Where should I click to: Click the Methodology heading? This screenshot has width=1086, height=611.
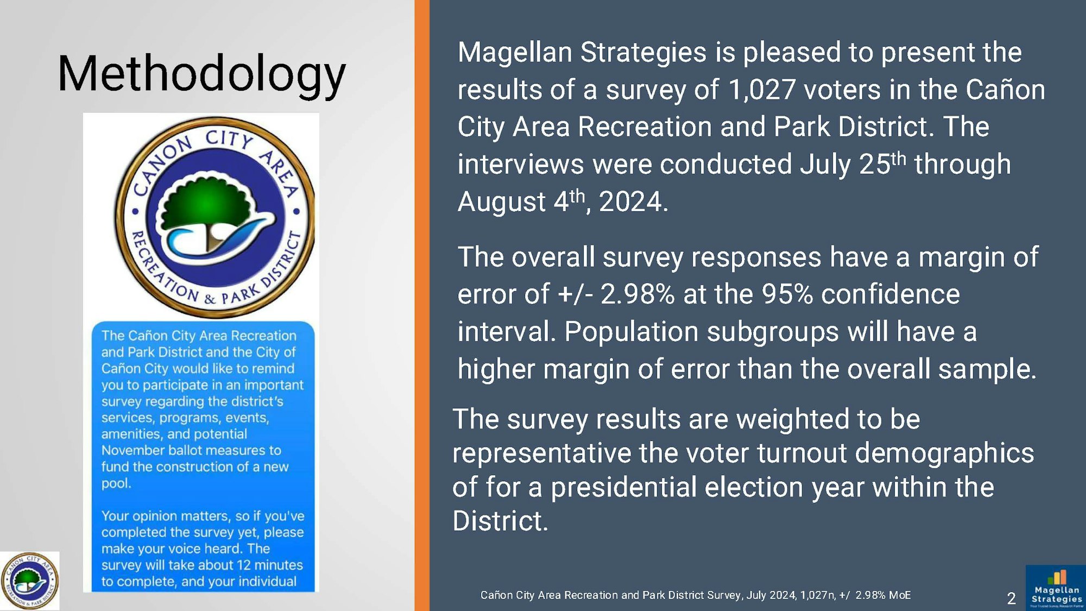(201, 75)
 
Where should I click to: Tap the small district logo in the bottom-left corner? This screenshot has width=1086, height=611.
(30, 581)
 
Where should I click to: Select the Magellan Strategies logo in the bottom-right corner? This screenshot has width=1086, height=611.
(1056, 588)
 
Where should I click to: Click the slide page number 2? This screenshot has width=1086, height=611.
(1011, 599)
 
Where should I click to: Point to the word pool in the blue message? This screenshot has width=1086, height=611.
(115, 483)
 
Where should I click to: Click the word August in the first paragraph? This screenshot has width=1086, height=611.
(502, 202)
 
